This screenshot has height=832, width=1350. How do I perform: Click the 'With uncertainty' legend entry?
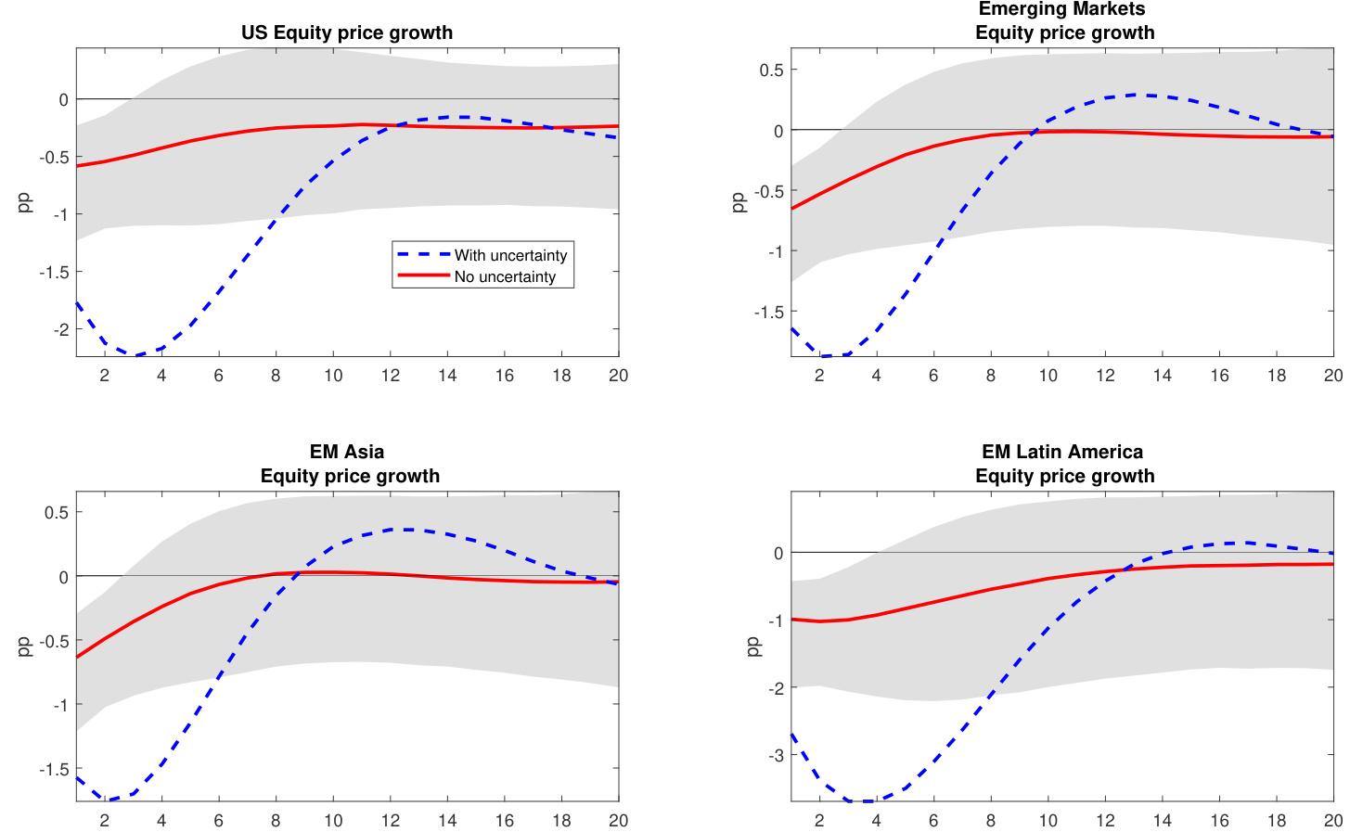coord(509,255)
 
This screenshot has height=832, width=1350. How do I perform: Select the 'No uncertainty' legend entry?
coord(504,276)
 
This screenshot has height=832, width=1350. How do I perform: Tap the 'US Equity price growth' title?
coord(347,32)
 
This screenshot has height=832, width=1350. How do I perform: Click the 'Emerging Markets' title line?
coord(1061,9)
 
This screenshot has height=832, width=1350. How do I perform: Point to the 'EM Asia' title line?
coord(347,452)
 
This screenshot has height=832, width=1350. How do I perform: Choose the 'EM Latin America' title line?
coord(1061,452)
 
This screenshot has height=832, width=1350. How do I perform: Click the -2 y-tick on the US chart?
coord(61,329)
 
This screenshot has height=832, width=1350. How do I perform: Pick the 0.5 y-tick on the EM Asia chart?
coord(57,512)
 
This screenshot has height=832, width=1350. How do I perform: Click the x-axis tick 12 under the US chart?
coord(391,376)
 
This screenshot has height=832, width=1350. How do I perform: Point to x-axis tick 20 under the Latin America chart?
coord(1332,821)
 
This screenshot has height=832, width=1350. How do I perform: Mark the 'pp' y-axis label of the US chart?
coord(24,202)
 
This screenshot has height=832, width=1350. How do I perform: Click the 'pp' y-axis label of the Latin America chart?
coord(752,646)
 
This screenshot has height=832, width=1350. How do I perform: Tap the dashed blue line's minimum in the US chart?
coord(135,355)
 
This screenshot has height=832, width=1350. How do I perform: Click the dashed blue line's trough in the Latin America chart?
coord(863,800)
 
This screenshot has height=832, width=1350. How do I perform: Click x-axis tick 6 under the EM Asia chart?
coord(219,821)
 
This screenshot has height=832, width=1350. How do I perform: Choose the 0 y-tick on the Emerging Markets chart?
coord(778,131)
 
